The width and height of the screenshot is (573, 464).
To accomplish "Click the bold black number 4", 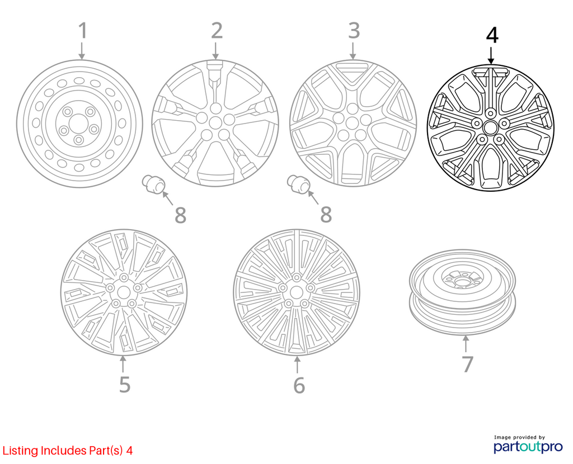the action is (x=492, y=36).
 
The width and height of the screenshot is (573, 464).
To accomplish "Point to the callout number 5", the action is (x=125, y=385).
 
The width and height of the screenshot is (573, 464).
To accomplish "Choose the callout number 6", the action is (x=299, y=385).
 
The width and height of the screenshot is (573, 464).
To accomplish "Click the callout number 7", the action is (x=467, y=364).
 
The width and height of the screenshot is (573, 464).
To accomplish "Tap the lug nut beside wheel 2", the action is (x=153, y=184).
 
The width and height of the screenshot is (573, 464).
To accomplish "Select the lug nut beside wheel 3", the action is (x=298, y=184).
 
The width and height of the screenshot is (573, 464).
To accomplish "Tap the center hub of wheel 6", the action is (x=297, y=292).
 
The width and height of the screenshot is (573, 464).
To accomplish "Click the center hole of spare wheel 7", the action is (x=462, y=281).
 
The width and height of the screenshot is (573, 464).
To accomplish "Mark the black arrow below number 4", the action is (x=491, y=55).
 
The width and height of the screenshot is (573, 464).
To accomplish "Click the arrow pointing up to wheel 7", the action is (x=466, y=344).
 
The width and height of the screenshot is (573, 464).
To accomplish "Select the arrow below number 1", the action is (x=82, y=51).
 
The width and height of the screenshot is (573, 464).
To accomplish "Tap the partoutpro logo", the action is (x=528, y=444).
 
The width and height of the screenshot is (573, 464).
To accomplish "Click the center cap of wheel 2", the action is (x=215, y=122).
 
